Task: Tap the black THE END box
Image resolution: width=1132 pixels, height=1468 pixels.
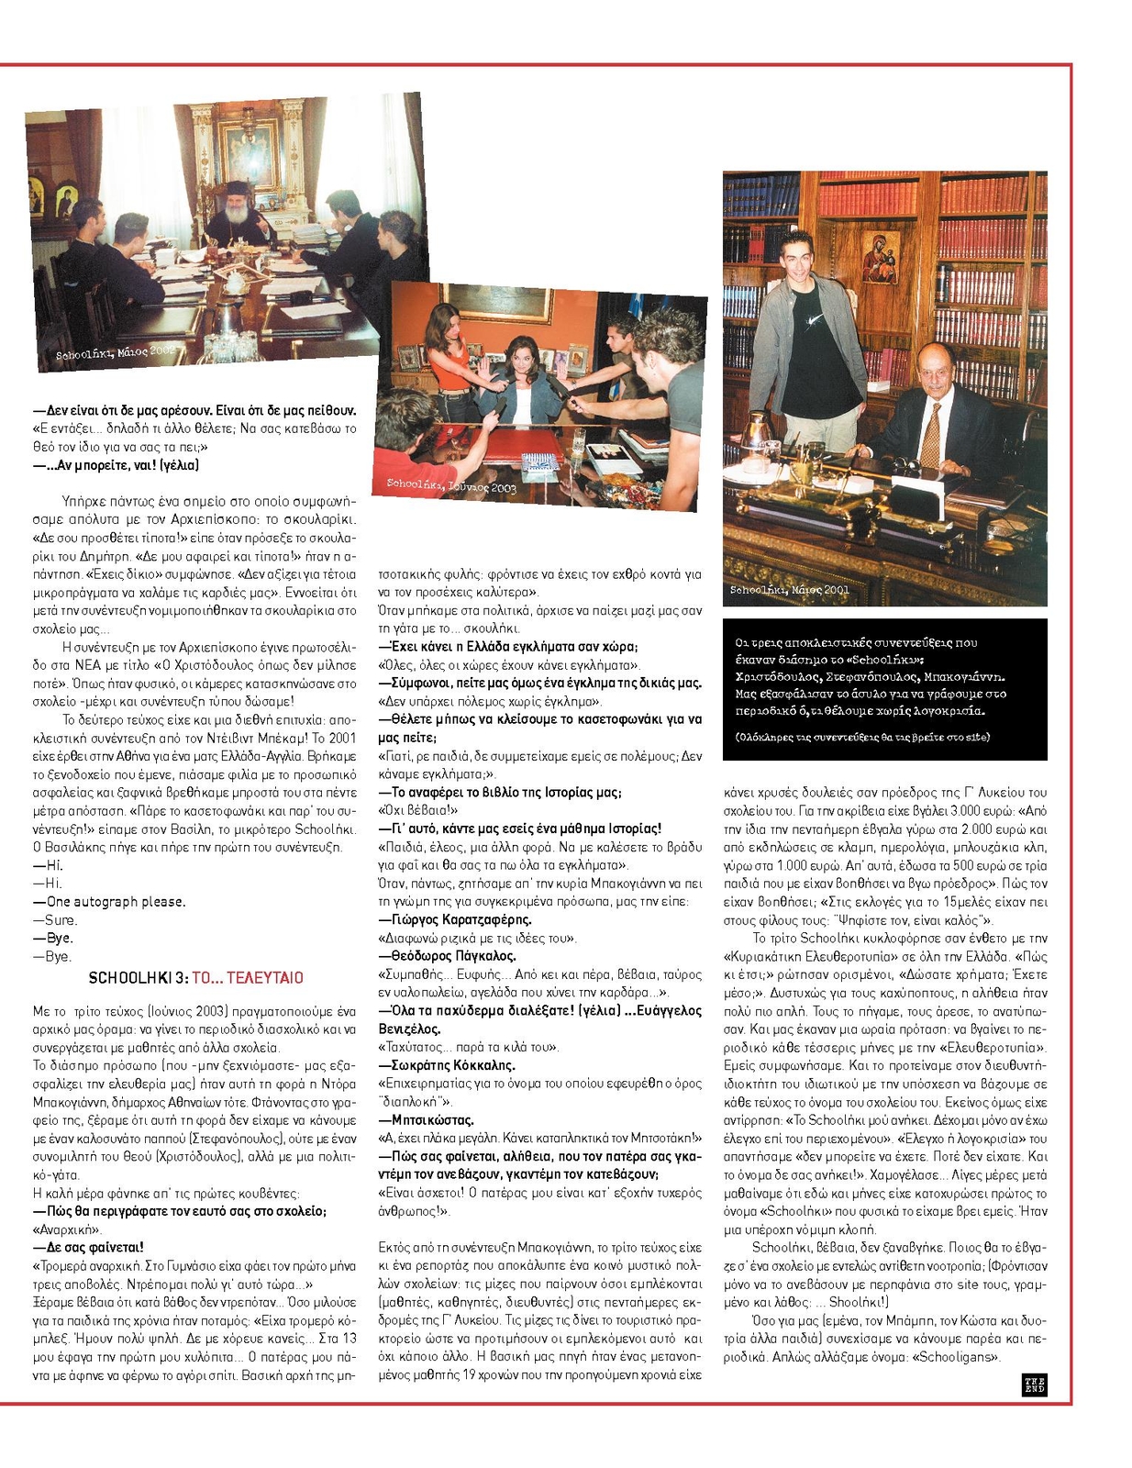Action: coord(1034,1385)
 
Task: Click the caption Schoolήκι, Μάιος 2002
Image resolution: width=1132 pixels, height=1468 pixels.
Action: coord(115,352)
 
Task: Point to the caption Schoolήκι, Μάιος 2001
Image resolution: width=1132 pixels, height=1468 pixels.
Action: coord(789,590)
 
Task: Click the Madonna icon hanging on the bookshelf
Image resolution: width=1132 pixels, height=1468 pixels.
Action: coord(880,258)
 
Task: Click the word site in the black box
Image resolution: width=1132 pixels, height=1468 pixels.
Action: coord(978,737)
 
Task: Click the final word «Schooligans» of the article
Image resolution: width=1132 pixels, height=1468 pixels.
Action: coord(960,1356)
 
